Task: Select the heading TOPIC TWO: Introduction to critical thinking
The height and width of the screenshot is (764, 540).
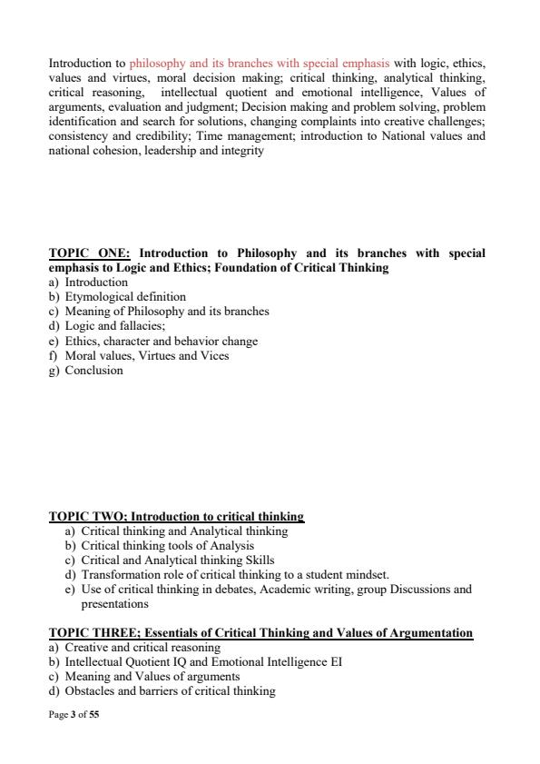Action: pyautogui.click(x=176, y=516)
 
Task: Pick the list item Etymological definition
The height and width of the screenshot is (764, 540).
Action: pyautogui.click(x=125, y=296)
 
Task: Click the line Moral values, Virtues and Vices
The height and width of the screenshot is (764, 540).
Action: pyautogui.click(x=147, y=355)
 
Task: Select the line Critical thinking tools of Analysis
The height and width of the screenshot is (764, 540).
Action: pyautogui.click(x=168, y=545)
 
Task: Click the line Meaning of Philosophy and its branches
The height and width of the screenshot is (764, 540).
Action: pyautogui.click(x=167, y=311)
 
